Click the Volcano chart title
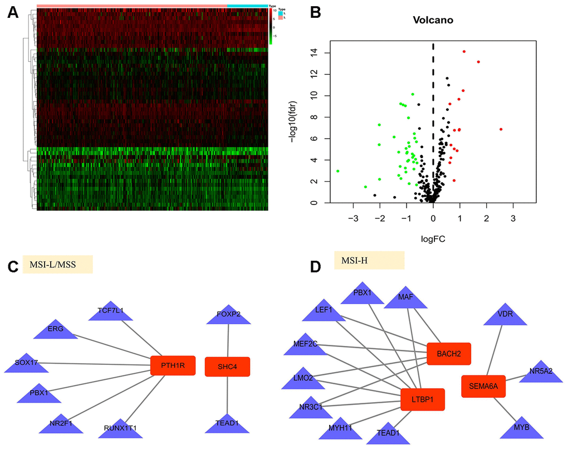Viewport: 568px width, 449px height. tap(433, 21)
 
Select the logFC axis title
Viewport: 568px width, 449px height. tap(433, 240)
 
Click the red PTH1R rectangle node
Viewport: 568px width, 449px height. tap(173, 365)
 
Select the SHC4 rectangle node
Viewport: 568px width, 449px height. tap(227, 367)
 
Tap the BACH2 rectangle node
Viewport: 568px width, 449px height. tap(449, 353)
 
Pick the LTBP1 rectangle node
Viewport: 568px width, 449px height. tap(423, 399)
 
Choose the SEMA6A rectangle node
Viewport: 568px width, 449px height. tap(484, 385)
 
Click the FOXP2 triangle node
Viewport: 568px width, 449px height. tap(227, 315)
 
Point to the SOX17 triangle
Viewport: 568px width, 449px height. tap(27, 363)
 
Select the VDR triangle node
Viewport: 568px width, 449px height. tap(505, 315)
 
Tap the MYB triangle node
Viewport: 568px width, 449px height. tap(521, 428)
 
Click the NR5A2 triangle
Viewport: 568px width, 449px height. tap(540, 372)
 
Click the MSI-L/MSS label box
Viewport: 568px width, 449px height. tap(57, 265)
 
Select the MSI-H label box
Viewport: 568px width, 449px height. tap(368, 259)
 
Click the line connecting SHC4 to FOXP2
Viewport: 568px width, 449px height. tap(227, 340)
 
